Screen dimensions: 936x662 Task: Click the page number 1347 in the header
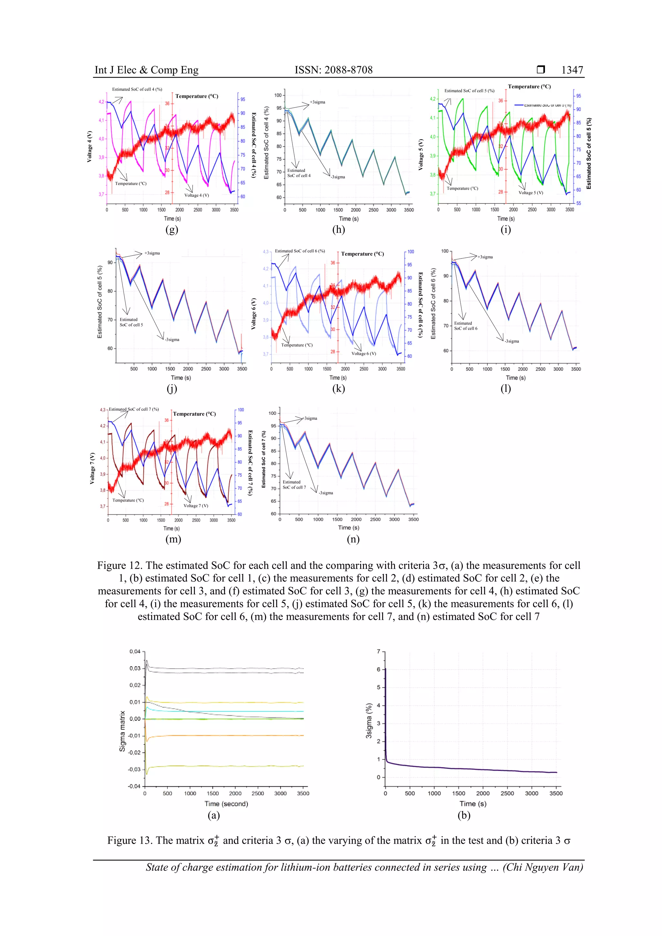[x=572, y=70]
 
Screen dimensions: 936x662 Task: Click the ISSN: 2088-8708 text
[x=333, y=70]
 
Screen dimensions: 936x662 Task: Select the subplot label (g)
[x=172, y=229]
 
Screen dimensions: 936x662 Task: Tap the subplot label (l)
[x=505, y=388]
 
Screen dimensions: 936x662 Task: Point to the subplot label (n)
[x=353, y=539]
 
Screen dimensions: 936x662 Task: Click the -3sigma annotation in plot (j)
[x=172, y=340]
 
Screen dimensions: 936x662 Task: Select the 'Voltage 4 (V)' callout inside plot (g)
[x=197, y=195]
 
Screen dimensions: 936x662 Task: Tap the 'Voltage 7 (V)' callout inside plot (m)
[x=196, y=506]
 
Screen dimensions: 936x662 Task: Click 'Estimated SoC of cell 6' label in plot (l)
[x=465, y=326]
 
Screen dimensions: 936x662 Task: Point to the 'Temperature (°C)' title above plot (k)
[x=362, y=254]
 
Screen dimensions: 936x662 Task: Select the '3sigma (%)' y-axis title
[x=369, y=720]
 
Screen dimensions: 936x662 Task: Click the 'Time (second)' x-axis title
[x=226, y=803]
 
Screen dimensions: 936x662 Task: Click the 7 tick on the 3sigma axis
[x=379, y=651]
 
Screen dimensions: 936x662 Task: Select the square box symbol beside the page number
[x=540, y=70]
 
